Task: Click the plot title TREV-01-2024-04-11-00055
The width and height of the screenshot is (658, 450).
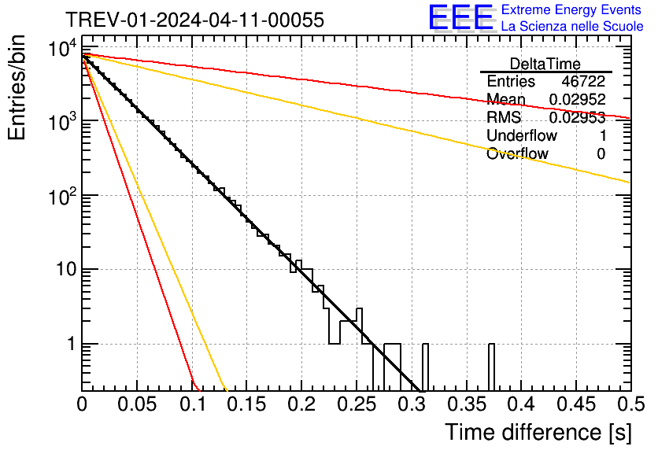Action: (x=194, y=20)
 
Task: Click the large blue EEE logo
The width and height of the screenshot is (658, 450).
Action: (x=460, y=18)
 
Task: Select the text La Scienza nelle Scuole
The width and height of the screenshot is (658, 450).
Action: (x=572, y=26)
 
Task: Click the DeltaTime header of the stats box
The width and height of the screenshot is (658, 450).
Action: (x=545, y=64)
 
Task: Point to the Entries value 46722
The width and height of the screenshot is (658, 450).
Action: (x=583, y=82)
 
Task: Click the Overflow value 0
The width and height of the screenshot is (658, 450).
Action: (x=601, y=154)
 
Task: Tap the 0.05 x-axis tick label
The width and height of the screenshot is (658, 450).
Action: (x=138, y=404)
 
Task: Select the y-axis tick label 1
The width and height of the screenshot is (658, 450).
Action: (x=69, y=344)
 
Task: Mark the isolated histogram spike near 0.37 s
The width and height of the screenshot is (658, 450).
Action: (x=491, y=367)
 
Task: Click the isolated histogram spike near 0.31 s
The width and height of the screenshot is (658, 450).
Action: (x=425, y=367)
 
